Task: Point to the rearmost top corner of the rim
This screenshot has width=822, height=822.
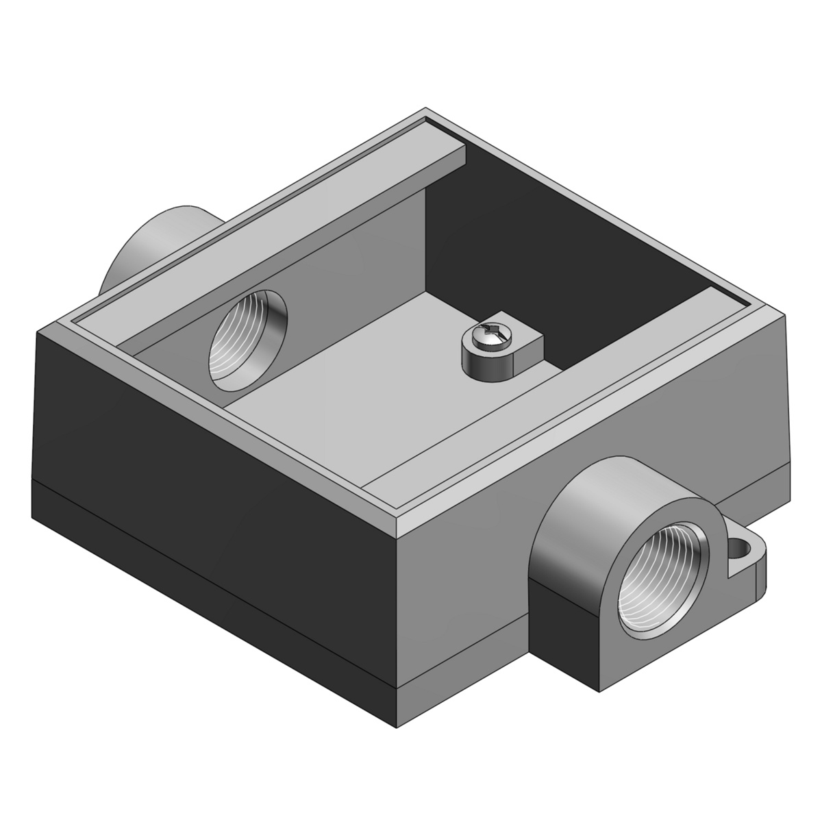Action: coord(426,110)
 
